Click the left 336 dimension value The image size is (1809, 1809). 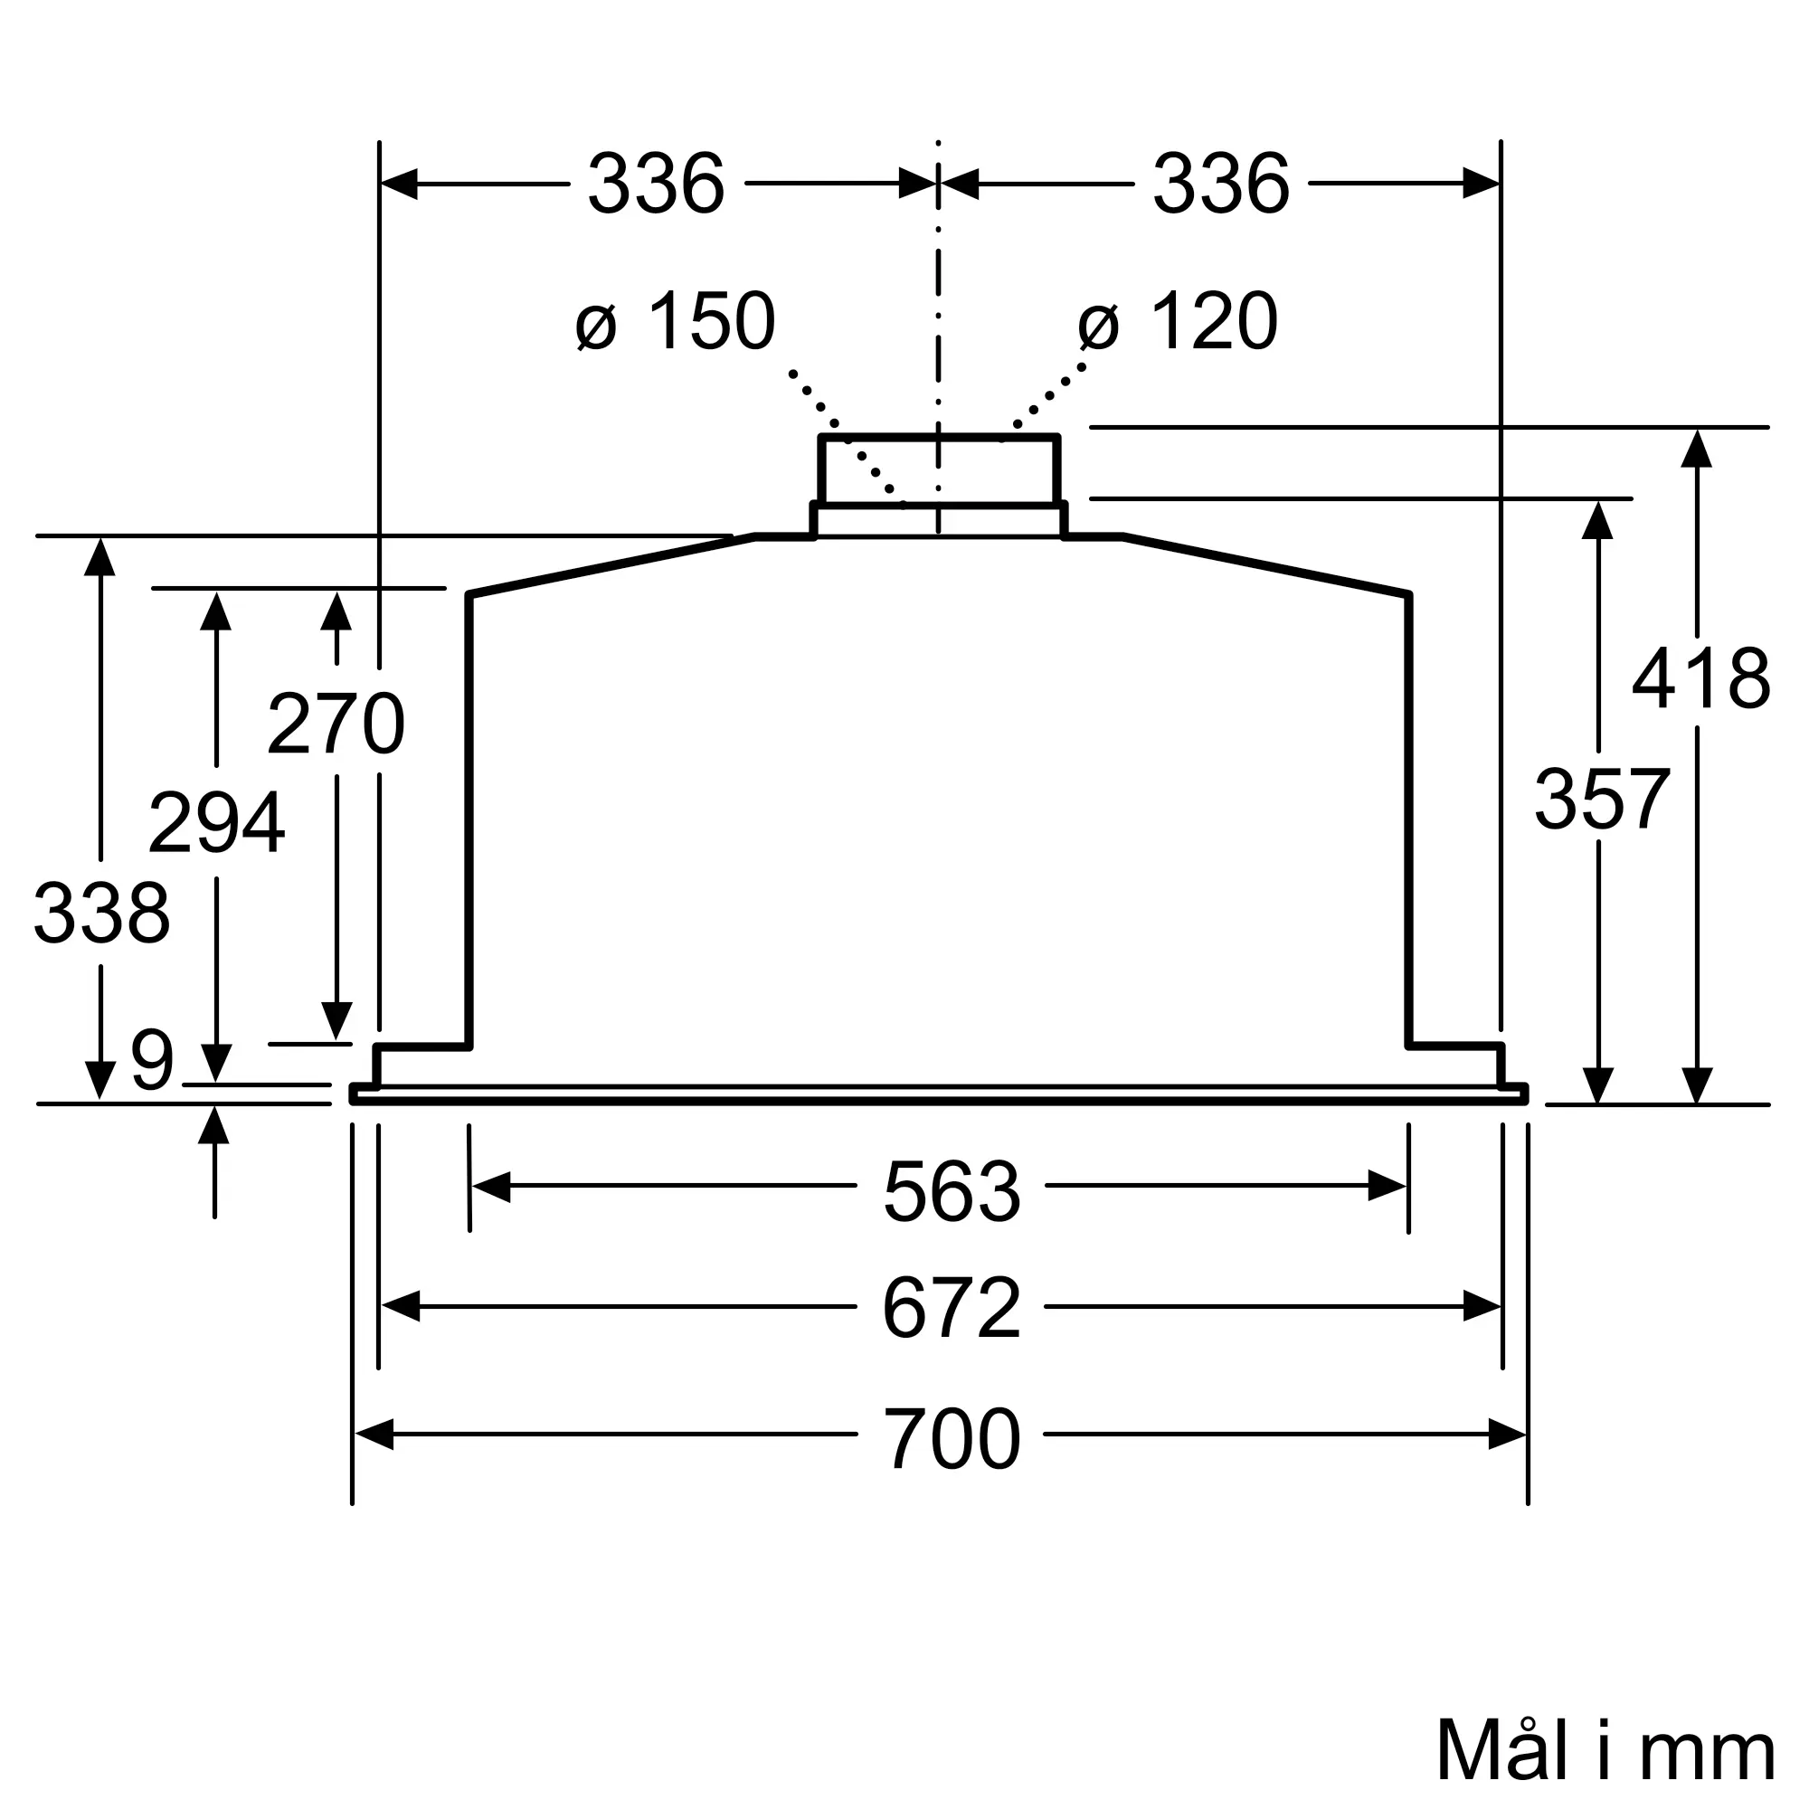pos(656,185)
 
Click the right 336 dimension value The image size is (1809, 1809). pos(1220,185)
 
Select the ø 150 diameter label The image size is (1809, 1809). pos(675,322)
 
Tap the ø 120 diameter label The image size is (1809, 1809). pos(1177,322)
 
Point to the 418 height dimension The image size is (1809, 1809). pos(1700,679)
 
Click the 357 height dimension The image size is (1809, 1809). pos(1601,800)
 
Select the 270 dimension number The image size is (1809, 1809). pos(336,724)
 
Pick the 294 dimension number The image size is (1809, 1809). pos(216,824)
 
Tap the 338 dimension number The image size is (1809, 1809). pos(101,914)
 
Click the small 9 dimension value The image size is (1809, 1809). pos(153,1061)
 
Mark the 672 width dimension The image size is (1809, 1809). pos(952,1309)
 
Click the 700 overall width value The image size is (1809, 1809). pos(952,1440)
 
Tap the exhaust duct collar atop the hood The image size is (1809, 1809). pos(938,471)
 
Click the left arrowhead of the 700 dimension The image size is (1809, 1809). pos(373,1435)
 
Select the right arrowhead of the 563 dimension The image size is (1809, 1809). pos(1388,1187)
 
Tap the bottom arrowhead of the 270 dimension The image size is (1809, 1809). pos(336,1021)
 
